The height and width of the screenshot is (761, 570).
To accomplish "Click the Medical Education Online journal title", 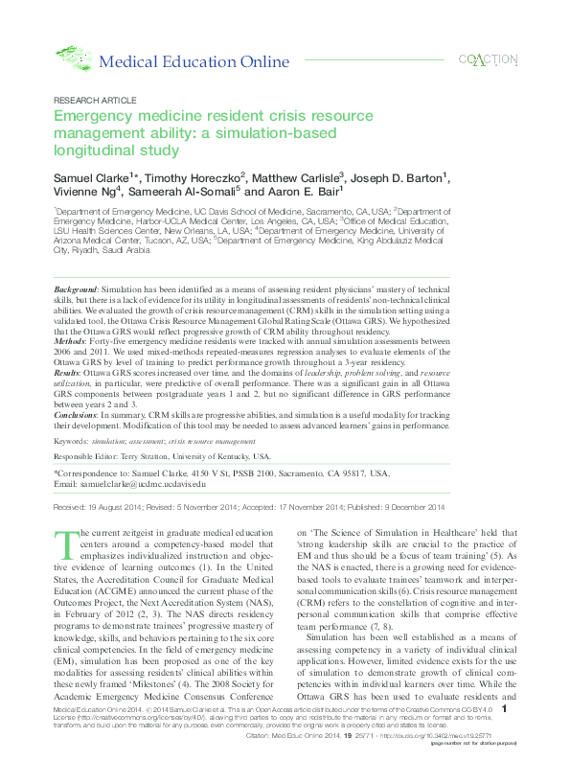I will pos(194,62).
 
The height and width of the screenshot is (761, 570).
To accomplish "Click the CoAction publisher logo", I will pos(489,59).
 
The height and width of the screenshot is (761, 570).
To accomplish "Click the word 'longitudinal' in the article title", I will pos(93,150).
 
